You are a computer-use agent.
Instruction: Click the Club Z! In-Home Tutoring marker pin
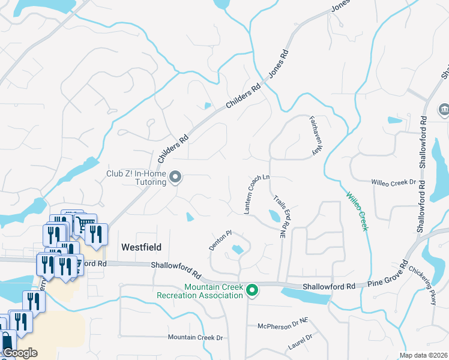click(175, 177)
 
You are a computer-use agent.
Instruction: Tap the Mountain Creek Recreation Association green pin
click(253, 291)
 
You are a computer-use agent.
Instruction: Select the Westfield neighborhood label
click(142, 247)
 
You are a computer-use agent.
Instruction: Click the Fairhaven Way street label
click(316, 136)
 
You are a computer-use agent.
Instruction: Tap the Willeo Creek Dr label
click(393, 182)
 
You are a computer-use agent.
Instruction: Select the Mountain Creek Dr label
click(195, 338)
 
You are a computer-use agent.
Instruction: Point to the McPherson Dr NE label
click(283, 324)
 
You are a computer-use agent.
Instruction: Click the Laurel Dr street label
click(300, 342)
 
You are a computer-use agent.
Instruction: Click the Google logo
click(20, 353)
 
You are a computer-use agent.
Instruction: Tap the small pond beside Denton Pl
click(238, 249)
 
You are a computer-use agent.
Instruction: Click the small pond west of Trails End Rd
click(274, 216)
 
